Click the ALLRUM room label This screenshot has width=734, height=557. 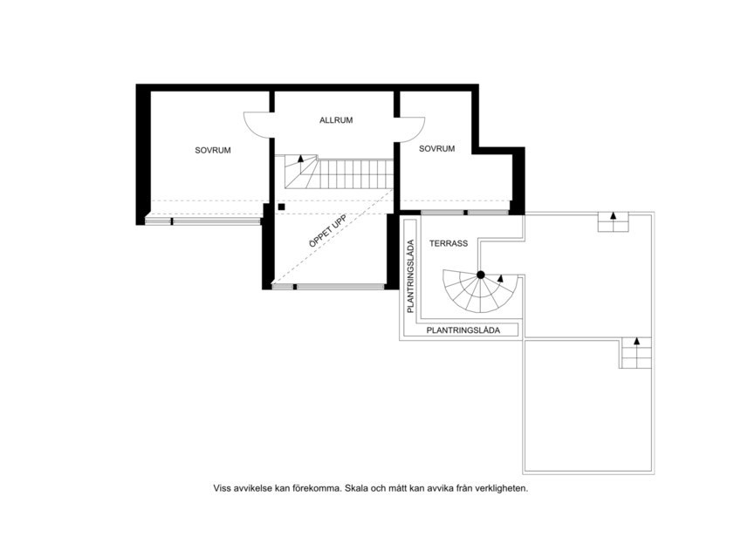pyautogui.click(x=335, y=120)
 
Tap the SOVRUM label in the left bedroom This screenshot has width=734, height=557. pyautogui.click(x=212, y=151)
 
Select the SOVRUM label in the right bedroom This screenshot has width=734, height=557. pyautogui.click(x=436, y=149)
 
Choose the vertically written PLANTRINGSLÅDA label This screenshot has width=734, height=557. pyautogui.click(x=409, y=276)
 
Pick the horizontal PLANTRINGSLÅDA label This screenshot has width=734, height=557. pyautogui.click(x=463, y=330)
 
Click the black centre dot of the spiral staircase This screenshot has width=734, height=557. pyautogui.click(x=480, y=275)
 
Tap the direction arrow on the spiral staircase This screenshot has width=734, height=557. pyautogui.click(x=499, y=278)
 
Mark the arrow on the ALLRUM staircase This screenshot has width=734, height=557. pyautogui.click(x=302, y=160)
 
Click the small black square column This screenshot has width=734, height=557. pyautogui.click(x=281, y=207)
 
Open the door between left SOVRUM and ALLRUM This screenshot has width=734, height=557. pyautogui.click(x=257, y=127)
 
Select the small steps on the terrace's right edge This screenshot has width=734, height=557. pyautogui.click(x=636, y=352)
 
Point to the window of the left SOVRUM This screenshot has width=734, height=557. pyautogui.click(x=203, y=221)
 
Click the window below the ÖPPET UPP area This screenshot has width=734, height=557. pyautogui.click(x=328, y=286)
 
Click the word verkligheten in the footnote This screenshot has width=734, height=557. pyautogui.click(x=497, y=489)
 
